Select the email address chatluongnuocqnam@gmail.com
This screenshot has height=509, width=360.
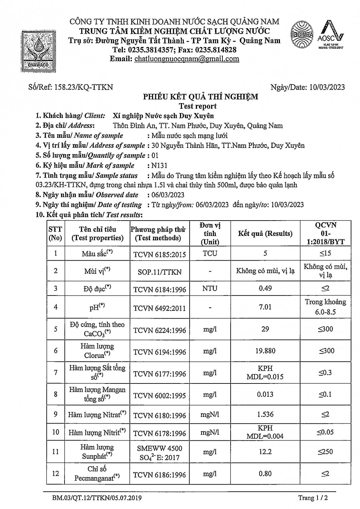pyautogui.click(x=187, y=59)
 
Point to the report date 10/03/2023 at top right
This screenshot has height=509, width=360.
pyautogui.click(x=327, y=87)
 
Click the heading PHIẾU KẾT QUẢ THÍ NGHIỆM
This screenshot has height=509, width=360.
pyautogui.click(x=200, y=97)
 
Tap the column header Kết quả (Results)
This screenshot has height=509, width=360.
pyautogui.click(x=265, y=233)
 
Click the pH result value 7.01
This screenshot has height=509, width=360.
pyautogui.click(x=265, y=307)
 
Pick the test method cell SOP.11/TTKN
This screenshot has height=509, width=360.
pyautogui.click(x=159, y=272)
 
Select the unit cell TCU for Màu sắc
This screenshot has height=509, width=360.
pyautogui.click(x=210, y=253)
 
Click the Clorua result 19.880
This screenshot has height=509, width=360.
pyautogui.click(x=265, y=351)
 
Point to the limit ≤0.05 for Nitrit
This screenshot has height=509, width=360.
pyautogui.click(x=325, y=432)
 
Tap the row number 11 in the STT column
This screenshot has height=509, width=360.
pyautogui.click(x=55, y=452)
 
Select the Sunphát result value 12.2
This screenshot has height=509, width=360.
pyautogui.click(x=265, y=452)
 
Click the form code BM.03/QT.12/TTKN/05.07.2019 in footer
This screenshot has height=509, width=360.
pyautogui.click(x=97, y=498)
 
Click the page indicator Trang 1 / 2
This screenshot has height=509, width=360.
pyautogui.click(x=313, y=498)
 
